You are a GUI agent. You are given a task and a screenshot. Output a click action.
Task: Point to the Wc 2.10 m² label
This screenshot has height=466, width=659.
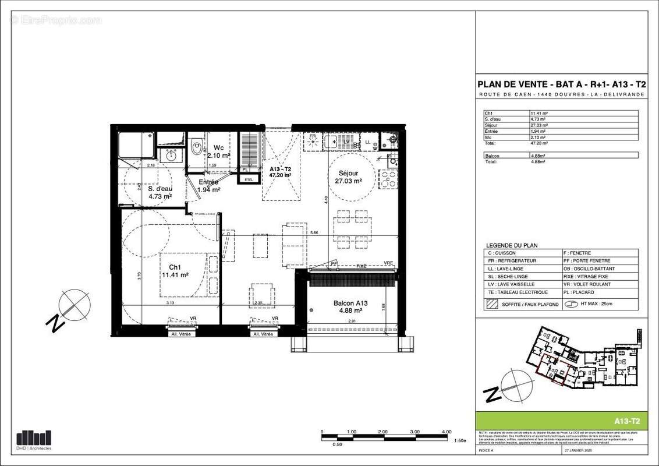coord(218,151)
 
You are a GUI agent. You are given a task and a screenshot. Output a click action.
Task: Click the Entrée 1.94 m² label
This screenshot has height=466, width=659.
coord(208,186)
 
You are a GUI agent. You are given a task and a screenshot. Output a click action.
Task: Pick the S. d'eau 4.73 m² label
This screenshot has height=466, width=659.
coord(159,193)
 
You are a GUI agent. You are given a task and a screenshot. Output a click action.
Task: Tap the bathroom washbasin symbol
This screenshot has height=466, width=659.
coord(171,155)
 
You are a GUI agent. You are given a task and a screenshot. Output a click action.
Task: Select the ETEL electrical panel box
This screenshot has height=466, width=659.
coord(249,179)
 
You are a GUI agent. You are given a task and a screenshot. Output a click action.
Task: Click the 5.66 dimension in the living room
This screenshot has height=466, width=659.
coord(314,233)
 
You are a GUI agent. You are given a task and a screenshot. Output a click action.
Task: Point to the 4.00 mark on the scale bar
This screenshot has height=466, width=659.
coord(447,432)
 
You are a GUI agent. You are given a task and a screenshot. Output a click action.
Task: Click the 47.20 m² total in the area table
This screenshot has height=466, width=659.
coord(539,142)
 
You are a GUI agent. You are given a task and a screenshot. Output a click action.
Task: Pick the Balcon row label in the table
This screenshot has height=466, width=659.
coord(493,156)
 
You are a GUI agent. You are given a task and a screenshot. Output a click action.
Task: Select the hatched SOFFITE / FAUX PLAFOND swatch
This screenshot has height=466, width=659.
coord(491,304)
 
